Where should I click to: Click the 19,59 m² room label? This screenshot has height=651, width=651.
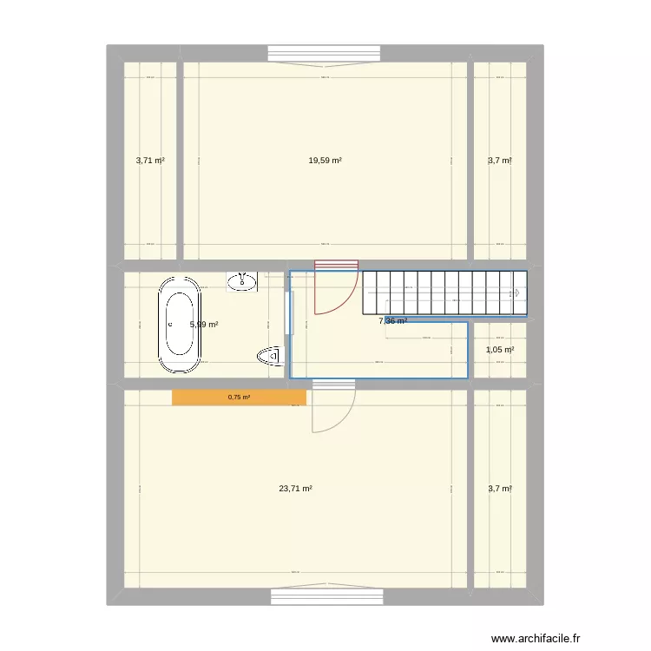[x=325, y=161]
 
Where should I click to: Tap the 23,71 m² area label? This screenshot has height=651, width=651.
[x=295, y=489]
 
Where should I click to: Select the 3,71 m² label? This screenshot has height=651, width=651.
[x=150, y=161]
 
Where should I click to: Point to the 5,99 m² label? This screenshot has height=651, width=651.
[x=205, y=325]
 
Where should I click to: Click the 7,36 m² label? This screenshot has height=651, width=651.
[x=393, y=320]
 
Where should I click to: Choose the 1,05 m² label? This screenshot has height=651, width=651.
[x=500, y=350]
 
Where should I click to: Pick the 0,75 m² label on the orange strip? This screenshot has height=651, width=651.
[x=239, y=398]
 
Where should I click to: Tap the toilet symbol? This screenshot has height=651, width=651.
[x=271, y=355]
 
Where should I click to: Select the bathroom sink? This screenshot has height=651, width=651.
[x=241, y=280]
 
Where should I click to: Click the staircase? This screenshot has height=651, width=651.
[x=444, y=293]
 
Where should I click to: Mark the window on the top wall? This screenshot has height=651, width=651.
[x=325, y=54]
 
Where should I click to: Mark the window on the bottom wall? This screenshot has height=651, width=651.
[x=326, y=596]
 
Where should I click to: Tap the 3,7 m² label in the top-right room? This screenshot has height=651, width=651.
[x=500, y=161]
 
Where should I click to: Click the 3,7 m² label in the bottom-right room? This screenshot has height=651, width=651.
[x=500, y=489]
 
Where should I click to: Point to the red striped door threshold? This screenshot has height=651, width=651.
[x=336, y=265]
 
